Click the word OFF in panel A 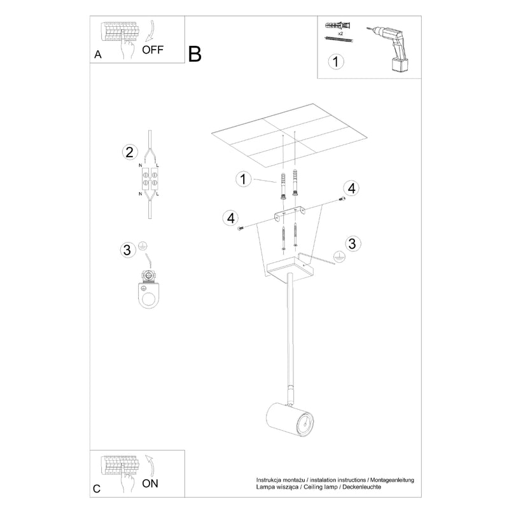tap(153, 49)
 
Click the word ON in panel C tap(150, 483)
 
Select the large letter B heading tap(195, 54)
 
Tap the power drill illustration tap(391, 47)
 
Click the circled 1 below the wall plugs tap(336, 62)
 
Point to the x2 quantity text tap(341, 32)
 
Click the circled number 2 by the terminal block tap(129, 152)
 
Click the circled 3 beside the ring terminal tap(127, 249)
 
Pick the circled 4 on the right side tap(352, 188)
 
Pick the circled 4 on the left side tap(230, 218)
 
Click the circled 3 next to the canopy tap(353, 243)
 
